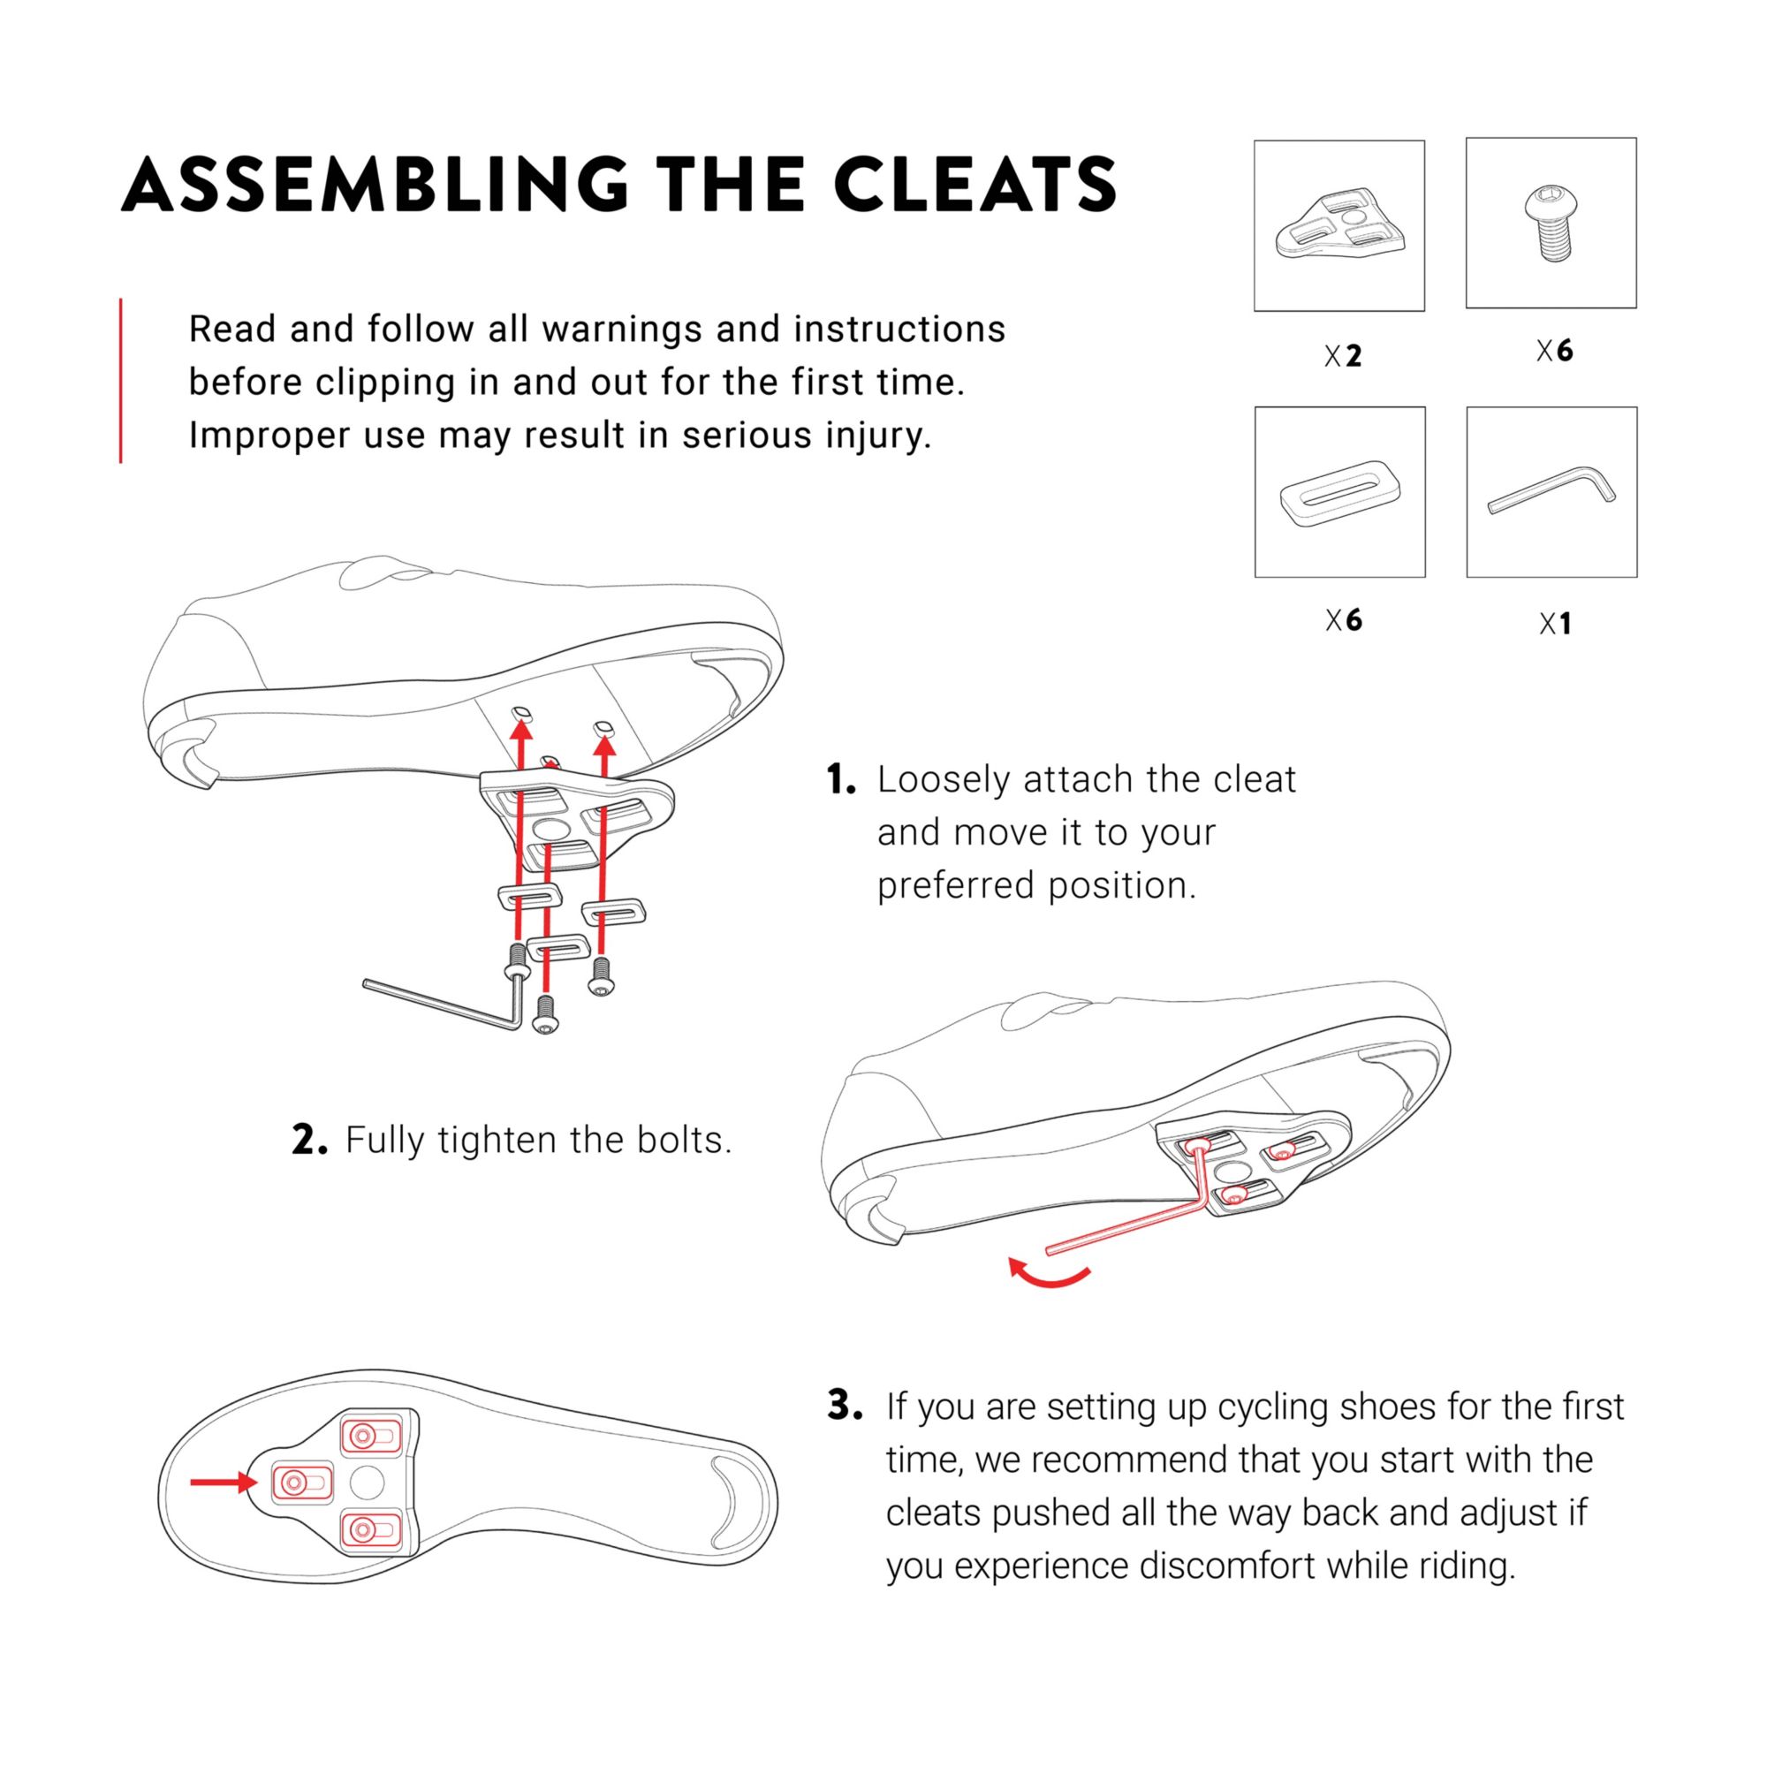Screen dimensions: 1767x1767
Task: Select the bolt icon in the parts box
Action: coord(1551,224)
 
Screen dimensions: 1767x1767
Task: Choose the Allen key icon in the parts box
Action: coord(1551,490)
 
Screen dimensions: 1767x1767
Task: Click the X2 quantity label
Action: coord(1343,355)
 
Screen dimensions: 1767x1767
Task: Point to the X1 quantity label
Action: coord(1555,624)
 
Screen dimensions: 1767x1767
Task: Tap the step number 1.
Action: coord(840,780)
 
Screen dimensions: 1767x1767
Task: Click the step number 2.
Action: coord(309,1141)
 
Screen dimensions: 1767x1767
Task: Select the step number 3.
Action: coord(844,1406)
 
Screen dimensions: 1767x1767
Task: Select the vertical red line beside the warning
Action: coord(121,381)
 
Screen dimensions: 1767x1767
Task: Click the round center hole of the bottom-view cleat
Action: coord(367,1483)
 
